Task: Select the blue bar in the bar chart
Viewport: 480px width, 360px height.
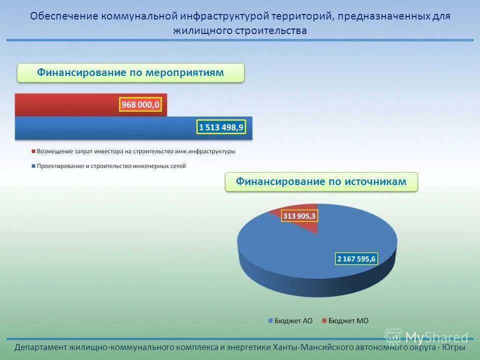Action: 100,128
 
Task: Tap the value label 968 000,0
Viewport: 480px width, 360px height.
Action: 140,105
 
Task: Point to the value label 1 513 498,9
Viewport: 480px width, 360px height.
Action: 221,127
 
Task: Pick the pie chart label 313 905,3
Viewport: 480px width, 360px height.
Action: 299,215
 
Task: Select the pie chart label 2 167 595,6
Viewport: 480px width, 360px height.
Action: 356,258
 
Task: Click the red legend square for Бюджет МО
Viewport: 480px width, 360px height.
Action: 324,321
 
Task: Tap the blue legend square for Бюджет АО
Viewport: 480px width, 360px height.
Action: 270,321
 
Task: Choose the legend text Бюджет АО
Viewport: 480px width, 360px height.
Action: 293,321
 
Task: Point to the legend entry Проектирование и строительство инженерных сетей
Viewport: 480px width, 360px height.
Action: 110,165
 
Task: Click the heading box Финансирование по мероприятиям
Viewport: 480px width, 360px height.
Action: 130,73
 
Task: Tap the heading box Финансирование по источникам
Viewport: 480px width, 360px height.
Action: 321,181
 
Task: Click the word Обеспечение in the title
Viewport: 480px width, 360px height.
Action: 64,16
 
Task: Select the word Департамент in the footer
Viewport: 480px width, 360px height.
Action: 41,347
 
